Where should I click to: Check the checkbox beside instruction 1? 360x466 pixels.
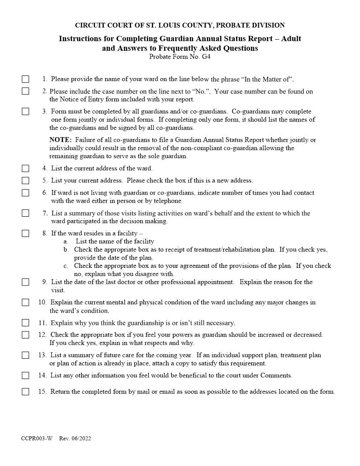tap(26, 79)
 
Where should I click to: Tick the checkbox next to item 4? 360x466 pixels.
tap(26, 168)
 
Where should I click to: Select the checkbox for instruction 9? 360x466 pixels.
tap(26, 282)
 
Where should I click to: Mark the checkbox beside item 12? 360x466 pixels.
tap(26, 334)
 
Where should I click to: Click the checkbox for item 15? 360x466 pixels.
tap(26, 391)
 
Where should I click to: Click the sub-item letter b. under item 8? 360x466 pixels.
tap(66, 250)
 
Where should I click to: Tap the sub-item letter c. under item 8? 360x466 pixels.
tap(66, 266)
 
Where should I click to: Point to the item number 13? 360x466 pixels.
tap(42, 355)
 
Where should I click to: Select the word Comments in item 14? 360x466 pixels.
tap(276, 376)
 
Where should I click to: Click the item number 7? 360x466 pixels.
tap(45, 213)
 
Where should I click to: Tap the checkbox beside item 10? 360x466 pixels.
tap(26, 302)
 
